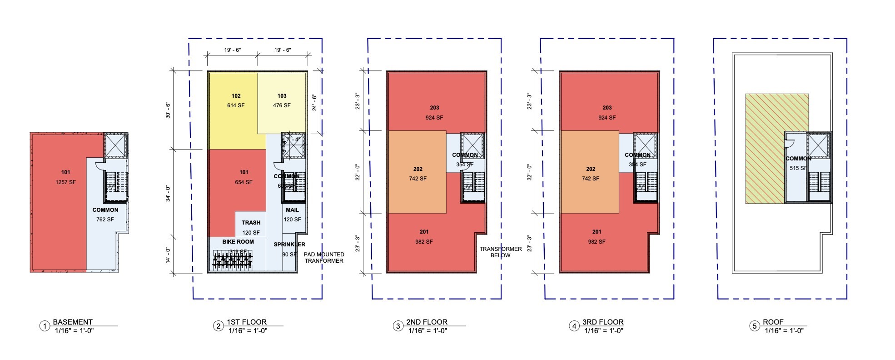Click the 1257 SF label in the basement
pos(65,182)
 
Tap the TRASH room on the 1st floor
pos(251,223)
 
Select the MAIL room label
pos(292,210)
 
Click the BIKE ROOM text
pos(238,242)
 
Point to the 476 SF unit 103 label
pos(282,105)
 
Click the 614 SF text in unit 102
pos(236,105)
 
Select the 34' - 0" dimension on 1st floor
pos(168,193)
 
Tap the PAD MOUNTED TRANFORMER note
pos(324,258)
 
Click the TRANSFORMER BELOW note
pos(500,252)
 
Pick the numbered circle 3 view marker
pos(398,326)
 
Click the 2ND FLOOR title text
pos(427,322)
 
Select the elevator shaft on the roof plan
pos(819,145)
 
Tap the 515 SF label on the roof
pos(798,168)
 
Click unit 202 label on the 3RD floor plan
pos(590,169)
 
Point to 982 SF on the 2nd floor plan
pos(423,242)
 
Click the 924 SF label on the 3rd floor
pos(607,118)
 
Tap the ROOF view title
pos(773,322)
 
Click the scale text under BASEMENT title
pos(74,331)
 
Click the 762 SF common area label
pos(105,220)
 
